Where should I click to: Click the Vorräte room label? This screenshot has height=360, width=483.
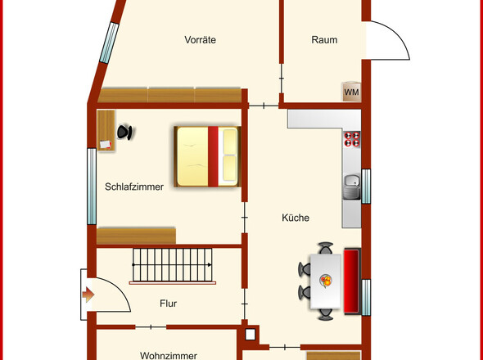click(x=200, y=40)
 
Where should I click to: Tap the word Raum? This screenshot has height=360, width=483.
click(x=324, y=40)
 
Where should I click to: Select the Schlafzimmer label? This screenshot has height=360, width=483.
click(x=134, y=187)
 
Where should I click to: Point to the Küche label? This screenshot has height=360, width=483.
click(x=296, y=218)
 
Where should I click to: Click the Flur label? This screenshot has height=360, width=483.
click(x=168, y=304)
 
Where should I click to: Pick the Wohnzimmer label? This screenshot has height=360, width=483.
click(x=169, y=356)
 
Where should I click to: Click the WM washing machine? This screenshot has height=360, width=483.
click(x=351, y=92)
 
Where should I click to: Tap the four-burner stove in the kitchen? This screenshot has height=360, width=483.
click(x=352, y=139)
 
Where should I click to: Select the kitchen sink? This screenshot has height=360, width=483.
click(x=351, y=187)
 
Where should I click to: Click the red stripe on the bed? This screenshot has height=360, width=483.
click(x=213, y=156)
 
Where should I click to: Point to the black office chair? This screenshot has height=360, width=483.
click(x=125, y=132)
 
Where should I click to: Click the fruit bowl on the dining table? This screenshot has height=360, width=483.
click(x=326, y=281)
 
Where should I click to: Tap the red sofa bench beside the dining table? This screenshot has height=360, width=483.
click(x=352, y=281)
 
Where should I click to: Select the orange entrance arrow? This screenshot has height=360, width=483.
click(x=88, y=295)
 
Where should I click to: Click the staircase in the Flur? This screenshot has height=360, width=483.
click(x=173, y=266)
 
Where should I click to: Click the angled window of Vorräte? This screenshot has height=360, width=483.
click(x=109, y=43)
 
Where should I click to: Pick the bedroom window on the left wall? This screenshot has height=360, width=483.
click(x=92, y=187)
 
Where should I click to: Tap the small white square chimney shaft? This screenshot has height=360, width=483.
click(x=251, y=335)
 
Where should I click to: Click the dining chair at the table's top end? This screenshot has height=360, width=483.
click(x=326, y=248)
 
